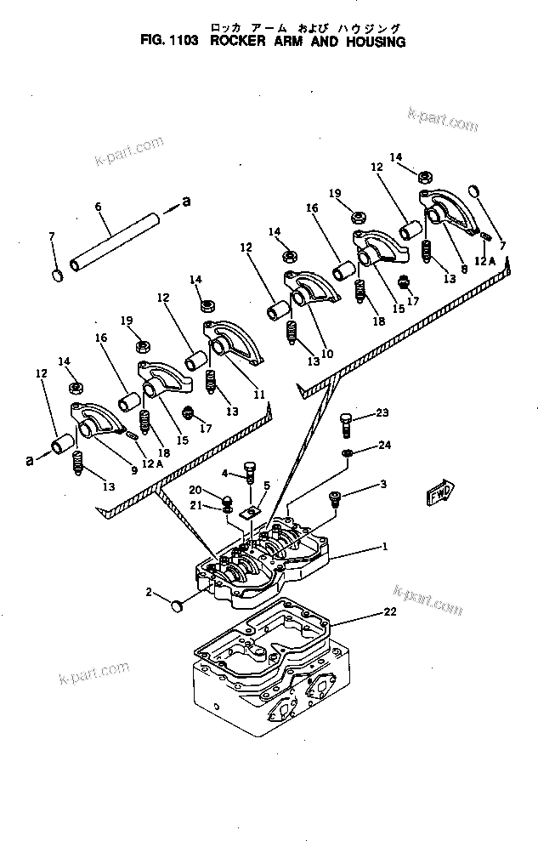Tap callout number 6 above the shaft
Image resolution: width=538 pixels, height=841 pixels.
pos(98,207)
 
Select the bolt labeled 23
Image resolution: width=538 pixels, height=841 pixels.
pos(346,420)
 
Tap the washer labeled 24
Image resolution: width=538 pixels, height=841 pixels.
pos(349,452)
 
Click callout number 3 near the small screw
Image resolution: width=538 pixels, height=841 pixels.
pos(384,485)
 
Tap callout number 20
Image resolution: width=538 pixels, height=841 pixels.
pos(195,490)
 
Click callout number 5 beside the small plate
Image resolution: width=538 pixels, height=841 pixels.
pos(266,486)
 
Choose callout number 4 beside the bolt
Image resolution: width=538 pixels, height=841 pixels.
pos(224,473)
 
